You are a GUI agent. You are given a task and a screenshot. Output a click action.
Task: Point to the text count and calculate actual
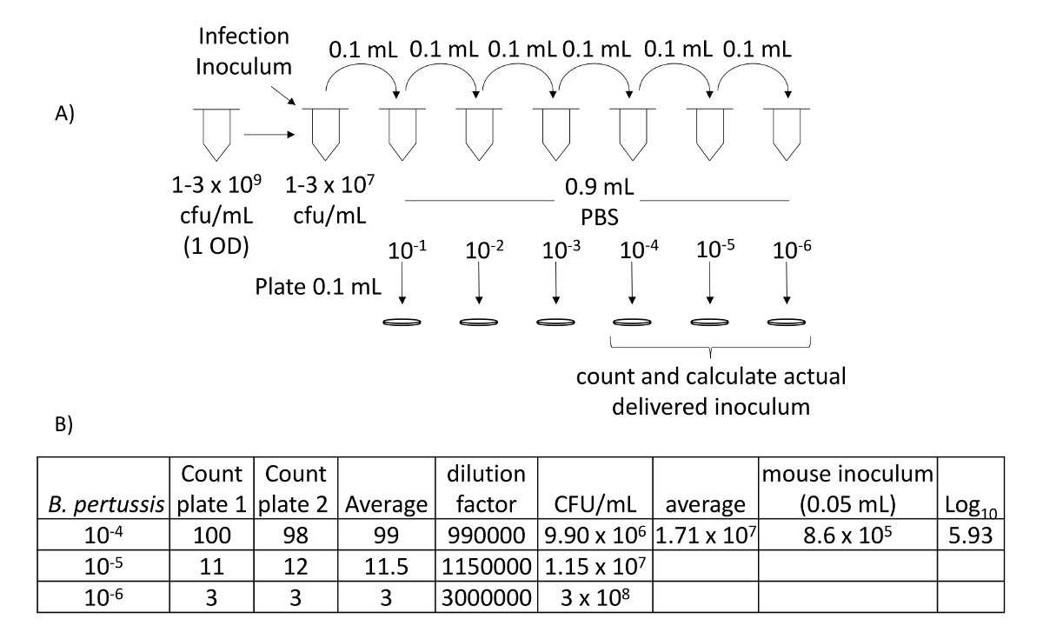[x=713, y=379]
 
